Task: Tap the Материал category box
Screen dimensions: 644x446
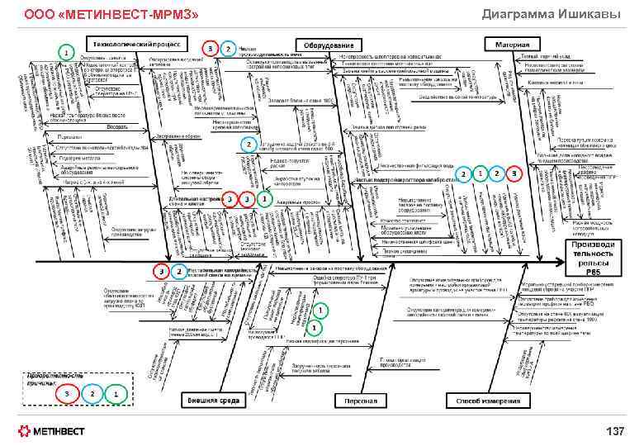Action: (x=512, y=43)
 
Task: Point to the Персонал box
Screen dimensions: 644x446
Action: (x=355, y=401)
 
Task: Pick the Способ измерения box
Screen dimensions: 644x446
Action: (x=485, y=401)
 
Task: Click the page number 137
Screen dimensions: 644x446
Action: (x=616, y=430)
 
